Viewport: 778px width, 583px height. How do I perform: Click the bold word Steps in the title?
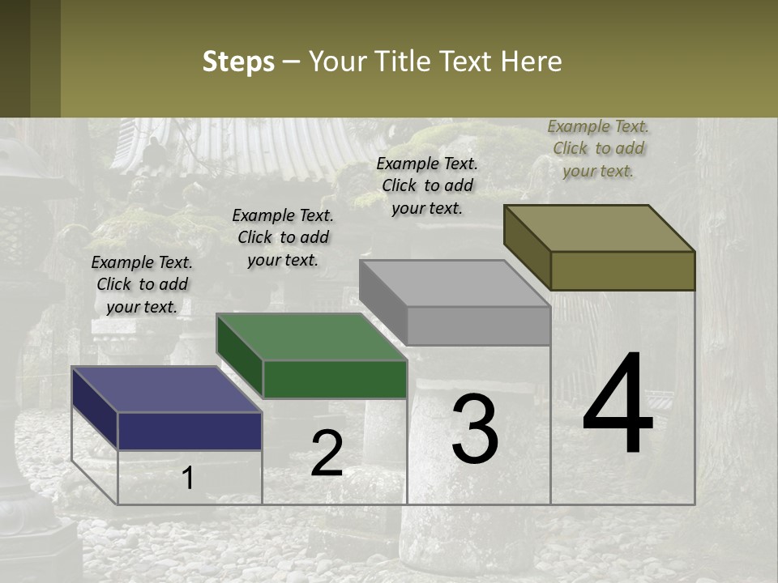[238, 62]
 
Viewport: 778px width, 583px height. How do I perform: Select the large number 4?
[618, 406]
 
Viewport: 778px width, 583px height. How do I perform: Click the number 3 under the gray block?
[475, 429]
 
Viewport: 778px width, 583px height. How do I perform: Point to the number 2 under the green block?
[327, 453]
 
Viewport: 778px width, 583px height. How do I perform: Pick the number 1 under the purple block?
[188, 478]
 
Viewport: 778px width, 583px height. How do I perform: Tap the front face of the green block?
[335, 379]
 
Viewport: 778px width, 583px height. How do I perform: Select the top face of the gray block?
[454, 283]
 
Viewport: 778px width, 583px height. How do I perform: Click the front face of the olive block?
[622, 270]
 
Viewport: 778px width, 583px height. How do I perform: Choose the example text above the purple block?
[142, 284]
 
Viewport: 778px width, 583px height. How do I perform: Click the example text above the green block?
[283, 237]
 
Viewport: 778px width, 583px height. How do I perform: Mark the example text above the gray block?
[427, 185]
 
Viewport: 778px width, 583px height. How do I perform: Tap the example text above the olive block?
[598, 148]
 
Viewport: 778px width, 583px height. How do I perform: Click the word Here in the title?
[532, 62]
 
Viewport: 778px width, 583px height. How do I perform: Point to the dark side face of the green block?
[240, 357]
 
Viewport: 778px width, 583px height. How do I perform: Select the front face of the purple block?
[190, 431]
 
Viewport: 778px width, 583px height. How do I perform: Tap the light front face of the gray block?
[478, 326]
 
